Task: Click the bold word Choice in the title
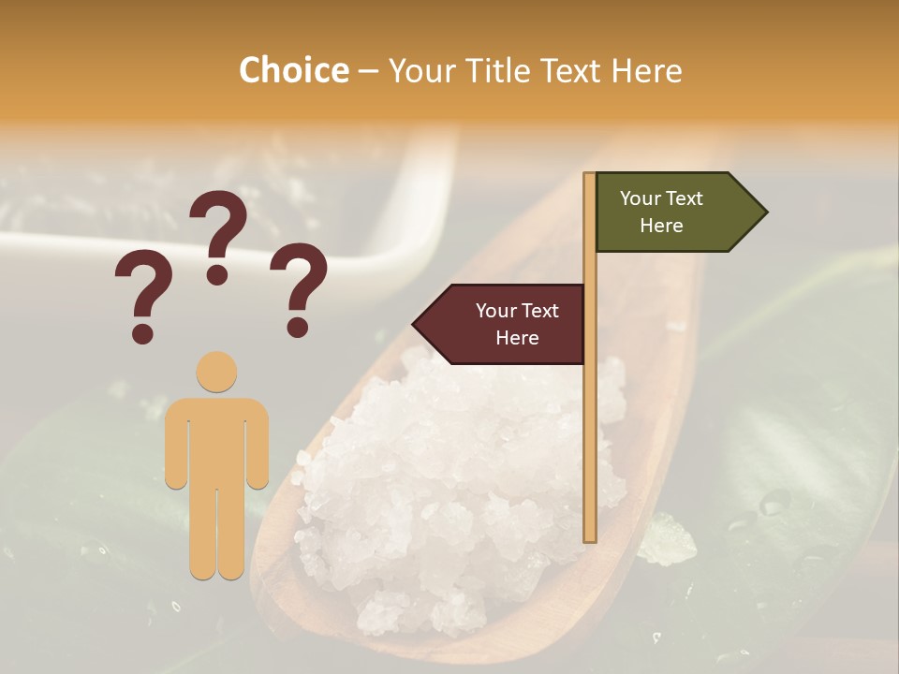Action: (x=293, y=71)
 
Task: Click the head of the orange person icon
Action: (x=216, y=372)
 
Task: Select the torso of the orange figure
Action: (x=216, y=440)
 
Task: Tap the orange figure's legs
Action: (x=216, y=534)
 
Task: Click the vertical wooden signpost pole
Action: (x=590, y=421)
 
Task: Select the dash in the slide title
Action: (x=368, y=72)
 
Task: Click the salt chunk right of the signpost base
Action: (x=668, y=540)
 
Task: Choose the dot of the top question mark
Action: (x=217, y=274)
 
